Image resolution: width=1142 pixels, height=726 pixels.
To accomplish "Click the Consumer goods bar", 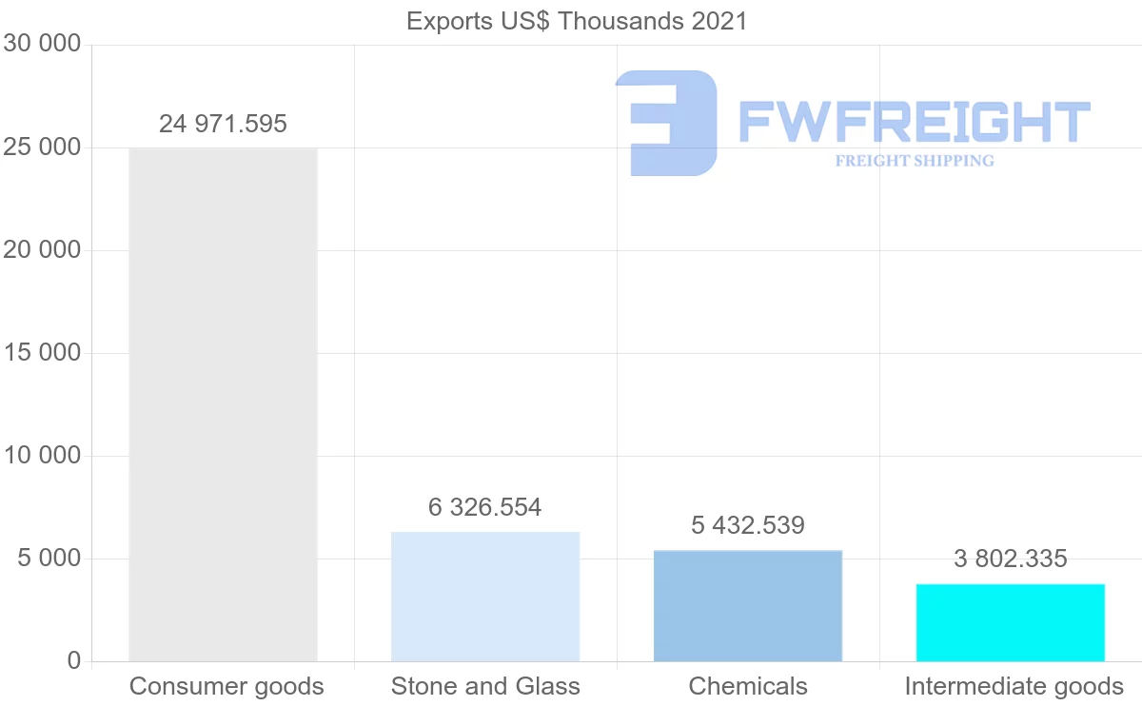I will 223,404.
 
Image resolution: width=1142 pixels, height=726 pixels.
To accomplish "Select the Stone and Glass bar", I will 485,597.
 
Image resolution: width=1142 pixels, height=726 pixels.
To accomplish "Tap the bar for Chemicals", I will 748,605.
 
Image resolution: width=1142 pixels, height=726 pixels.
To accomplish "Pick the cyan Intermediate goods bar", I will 1011,622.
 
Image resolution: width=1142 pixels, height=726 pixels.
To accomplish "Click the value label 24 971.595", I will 223,124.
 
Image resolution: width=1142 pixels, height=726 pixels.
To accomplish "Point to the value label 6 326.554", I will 485,508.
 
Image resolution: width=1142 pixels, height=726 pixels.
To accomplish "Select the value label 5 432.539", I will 748,525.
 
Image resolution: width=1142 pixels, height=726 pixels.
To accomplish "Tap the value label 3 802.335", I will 1011,559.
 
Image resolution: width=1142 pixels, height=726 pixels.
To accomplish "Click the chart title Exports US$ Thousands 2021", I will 577,21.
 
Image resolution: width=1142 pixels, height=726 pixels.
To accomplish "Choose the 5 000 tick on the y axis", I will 49,559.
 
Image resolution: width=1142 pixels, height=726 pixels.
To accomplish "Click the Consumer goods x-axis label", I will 226,686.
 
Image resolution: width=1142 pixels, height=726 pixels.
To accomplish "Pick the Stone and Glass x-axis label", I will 485,686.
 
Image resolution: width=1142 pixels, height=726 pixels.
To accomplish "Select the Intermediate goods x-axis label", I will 1014,686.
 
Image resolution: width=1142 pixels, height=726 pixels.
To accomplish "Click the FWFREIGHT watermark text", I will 914,122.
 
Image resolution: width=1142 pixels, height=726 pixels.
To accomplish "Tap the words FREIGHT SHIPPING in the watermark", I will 915,161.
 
